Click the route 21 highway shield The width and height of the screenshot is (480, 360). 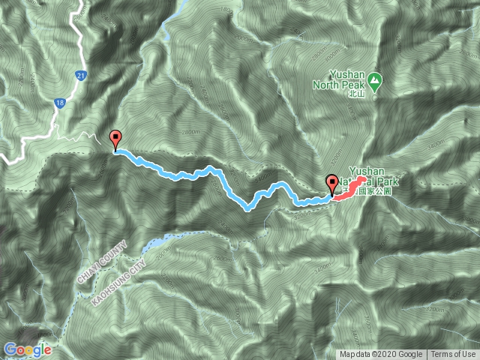point(79,76)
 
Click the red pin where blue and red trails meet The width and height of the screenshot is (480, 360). point(331,184)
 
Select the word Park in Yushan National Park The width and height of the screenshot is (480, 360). point(380,181)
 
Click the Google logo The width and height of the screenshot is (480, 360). point(27,349)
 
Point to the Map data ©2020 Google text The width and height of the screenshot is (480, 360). point(382,355)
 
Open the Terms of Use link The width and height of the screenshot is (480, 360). point(453,355)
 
